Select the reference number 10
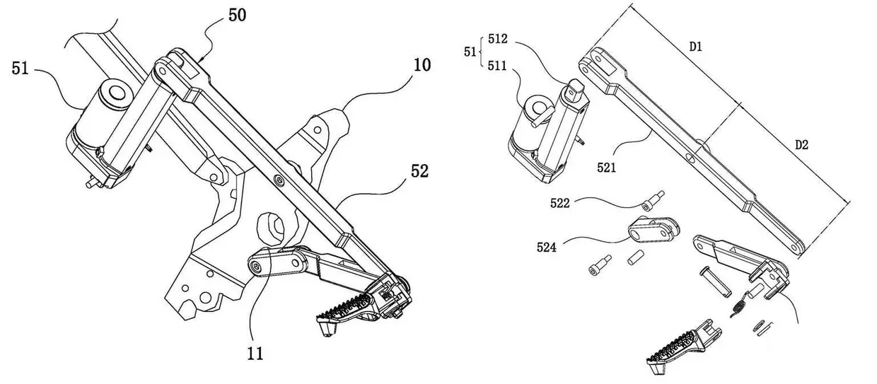422,66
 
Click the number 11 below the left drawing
256,353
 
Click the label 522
561,204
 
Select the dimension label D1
696,47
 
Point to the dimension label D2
801,145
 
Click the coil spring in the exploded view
740,303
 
